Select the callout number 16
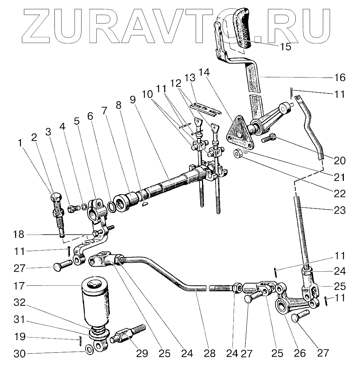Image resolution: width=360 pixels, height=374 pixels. [340, 78]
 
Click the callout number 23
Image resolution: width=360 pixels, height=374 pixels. [340, 210]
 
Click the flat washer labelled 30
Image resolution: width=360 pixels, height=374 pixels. [89, 349]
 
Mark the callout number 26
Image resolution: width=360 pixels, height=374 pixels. [300, 353]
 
